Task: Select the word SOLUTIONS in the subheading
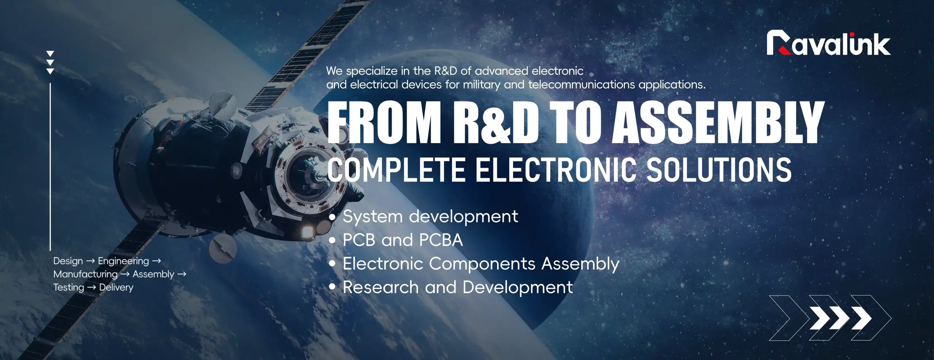tap(719, 170)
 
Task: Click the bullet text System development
tap(430, 217)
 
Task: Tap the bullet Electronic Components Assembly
tap(480, 264)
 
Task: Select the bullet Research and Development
tap(458, 287)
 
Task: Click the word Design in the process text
tap(68, 261)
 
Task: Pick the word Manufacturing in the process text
tap(85, 274)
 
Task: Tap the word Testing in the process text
tap(69, 287)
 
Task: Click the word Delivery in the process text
tap(116, 287)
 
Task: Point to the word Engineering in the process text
tap(123, 261)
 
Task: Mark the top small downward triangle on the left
tap(50, 54)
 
